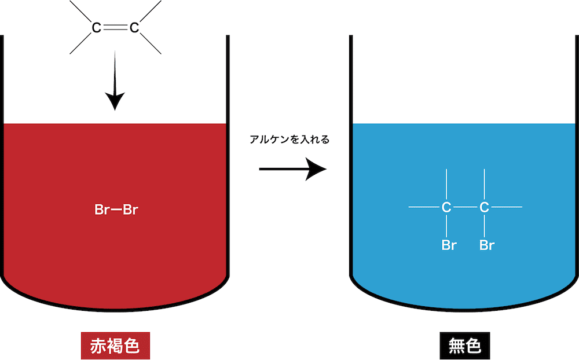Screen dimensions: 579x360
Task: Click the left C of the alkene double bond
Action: tap(96, 28)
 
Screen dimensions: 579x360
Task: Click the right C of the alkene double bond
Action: tap(134, 28)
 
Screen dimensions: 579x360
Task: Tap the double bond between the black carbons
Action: tap(116, 27)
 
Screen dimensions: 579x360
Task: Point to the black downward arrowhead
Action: tap(115, 101)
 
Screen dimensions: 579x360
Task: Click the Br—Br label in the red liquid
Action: tap(116, 210)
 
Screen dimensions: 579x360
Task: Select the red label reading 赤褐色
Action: tap(116, 346)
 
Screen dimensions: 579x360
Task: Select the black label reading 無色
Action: tap(465, 346)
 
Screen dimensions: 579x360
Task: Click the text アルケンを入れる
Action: tap(289, 139)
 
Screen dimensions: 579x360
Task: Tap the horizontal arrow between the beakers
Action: tap(293, 169)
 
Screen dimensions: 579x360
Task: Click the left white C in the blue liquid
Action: tap(446, 208)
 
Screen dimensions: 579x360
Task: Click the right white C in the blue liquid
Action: tap(485, 208)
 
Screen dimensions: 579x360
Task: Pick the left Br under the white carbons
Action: tap(449, 245)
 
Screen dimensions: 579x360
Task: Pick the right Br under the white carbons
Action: tap(487, 245)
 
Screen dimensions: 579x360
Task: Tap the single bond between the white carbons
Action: tap(466, 207)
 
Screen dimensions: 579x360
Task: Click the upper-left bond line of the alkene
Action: tap(80, 12)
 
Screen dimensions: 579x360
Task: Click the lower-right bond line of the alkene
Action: tap(151, 43)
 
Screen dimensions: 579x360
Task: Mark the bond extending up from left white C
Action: tap(446, 184)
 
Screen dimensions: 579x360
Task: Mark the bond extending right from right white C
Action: tap(507, 207)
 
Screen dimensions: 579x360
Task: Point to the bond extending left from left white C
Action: tap(424, 207)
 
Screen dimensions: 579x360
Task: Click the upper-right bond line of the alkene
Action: tap(151, 12)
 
